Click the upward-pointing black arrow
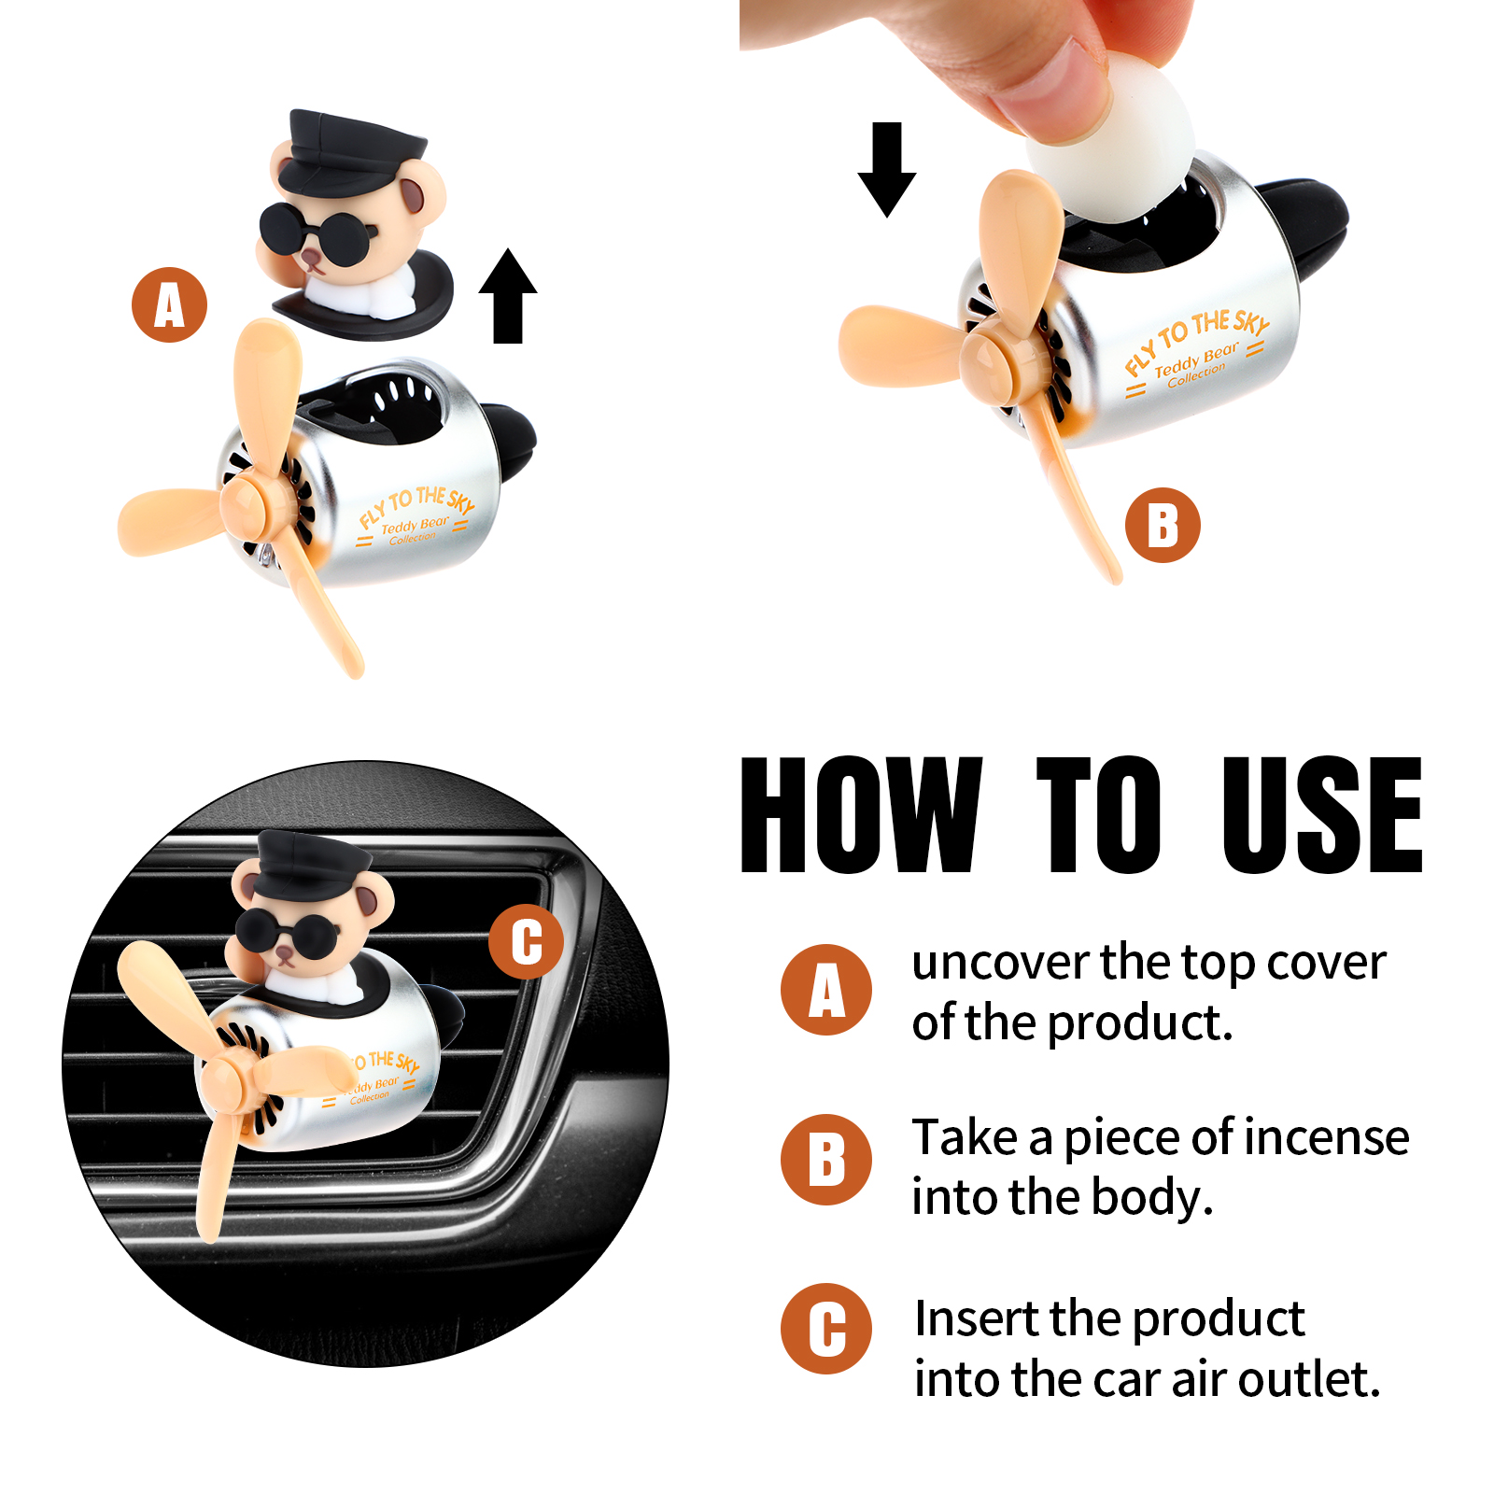508,296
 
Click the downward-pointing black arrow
886,169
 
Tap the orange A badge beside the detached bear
169,305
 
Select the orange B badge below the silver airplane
1163,525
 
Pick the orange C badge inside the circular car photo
527,941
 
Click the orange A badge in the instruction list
826,990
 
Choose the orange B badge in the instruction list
826,1160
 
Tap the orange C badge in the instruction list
826,1329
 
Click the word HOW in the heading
861,815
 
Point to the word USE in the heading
1322,815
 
